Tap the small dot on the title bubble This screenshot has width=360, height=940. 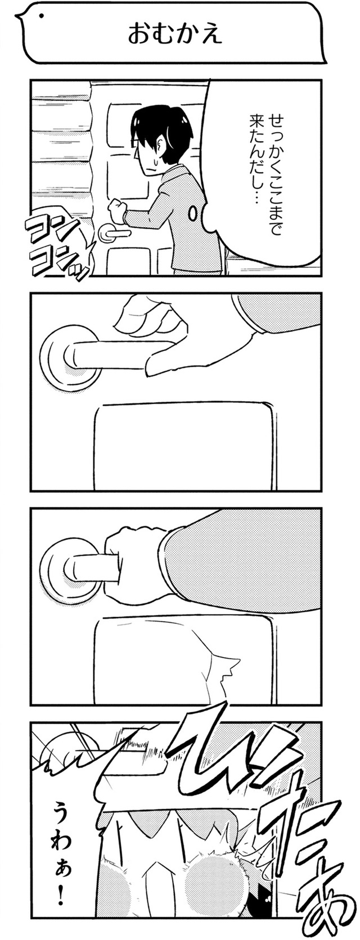click(41, 17)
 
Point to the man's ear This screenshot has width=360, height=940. click(161, 147)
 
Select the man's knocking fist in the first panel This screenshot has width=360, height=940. click(118, 208)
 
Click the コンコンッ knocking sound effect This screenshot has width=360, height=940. click(57, 248)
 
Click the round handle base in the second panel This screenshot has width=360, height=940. click(69, 354)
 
